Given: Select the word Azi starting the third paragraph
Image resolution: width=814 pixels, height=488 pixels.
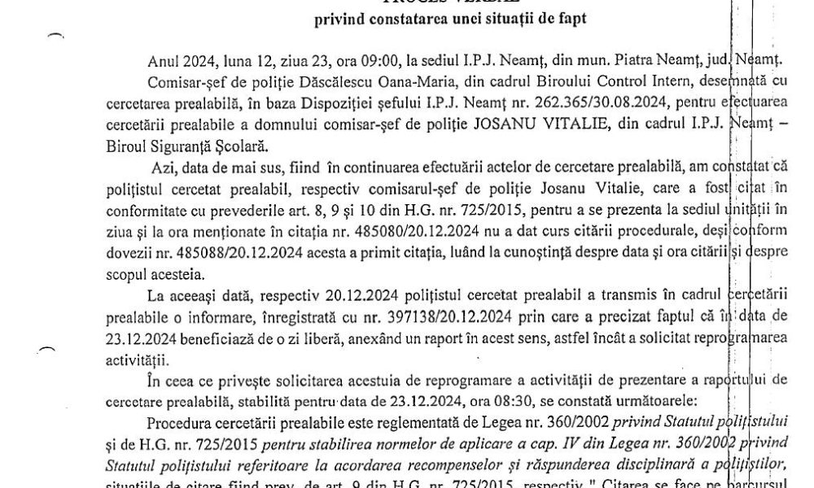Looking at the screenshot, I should coord(164,167).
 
